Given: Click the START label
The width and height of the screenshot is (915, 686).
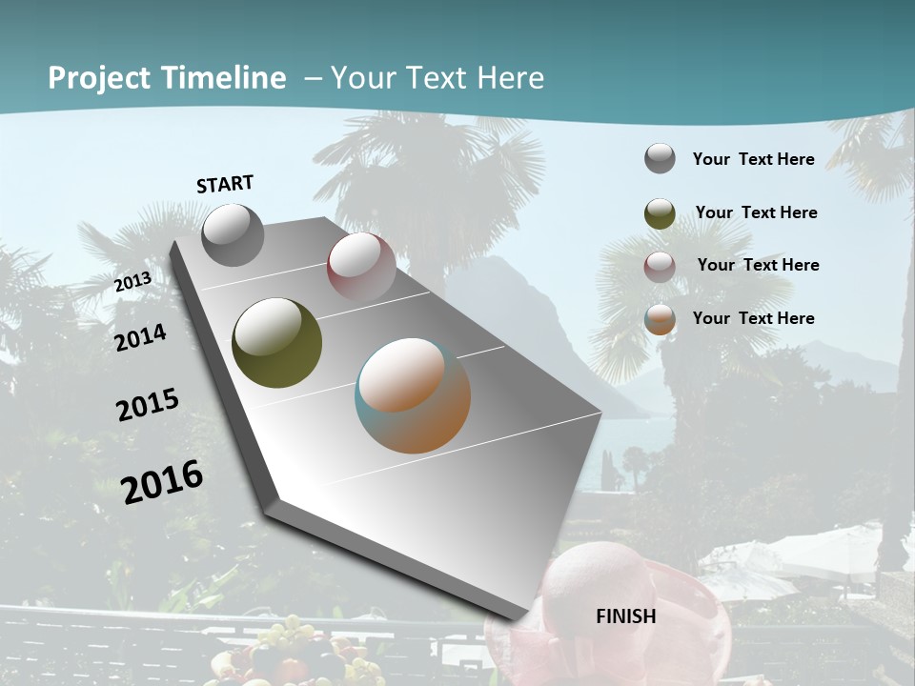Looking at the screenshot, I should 225,184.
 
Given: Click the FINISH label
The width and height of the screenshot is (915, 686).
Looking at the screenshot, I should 625,616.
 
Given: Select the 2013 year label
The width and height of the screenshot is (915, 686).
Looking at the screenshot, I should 132,282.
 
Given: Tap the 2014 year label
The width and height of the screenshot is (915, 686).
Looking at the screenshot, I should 140,337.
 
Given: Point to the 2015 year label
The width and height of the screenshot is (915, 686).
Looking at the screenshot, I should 147,405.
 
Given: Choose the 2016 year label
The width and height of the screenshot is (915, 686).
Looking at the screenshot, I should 162,481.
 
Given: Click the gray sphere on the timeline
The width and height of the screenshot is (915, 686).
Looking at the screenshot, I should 233,234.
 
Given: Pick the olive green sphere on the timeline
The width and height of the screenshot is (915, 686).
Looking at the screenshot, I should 276,343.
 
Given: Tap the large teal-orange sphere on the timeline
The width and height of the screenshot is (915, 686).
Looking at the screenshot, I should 413,394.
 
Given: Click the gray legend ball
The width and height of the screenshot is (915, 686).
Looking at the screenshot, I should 660,158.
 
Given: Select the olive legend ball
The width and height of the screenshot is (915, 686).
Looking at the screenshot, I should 660,213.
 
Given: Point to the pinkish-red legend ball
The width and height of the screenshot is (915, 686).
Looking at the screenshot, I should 660,267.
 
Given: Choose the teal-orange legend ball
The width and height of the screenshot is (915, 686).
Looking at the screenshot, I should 660,320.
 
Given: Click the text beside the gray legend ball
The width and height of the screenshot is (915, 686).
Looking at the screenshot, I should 753,159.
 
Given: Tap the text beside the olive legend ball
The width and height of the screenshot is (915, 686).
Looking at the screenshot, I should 756,212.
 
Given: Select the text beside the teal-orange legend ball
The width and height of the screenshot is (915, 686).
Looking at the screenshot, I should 753,318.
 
